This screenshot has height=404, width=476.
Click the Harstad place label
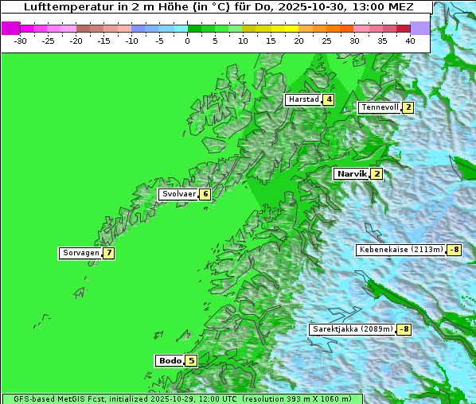click(x=303, y=100)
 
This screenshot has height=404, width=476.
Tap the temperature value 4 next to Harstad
click(x=328, y=100)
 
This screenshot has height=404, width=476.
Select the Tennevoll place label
click(x=379, y=107)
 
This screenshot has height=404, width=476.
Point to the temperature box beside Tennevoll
click(x=408, y=107)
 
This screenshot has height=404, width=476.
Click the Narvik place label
click(x=351, y=174)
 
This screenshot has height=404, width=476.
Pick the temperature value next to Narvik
click(x=377, y=174)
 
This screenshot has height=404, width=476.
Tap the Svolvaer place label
click(x=178, y=194)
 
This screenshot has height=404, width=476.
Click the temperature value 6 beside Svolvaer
click(x=205, y=194)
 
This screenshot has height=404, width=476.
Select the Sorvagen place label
click(x=80, y=254)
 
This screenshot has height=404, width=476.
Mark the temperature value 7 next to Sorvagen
click(x=108, y=254)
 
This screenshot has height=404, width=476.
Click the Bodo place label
click(x=170, y=360)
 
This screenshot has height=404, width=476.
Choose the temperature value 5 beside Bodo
click(x=191, y=360)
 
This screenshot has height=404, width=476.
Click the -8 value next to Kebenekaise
click(x=454, y=250)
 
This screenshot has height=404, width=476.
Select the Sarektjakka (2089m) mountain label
click(x=353, y=329)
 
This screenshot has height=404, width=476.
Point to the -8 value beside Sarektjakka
click(x=404, y=329)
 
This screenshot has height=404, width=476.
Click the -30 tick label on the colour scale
click(x=21, y=40)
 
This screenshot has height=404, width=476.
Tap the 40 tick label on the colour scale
click(x=410, y=40)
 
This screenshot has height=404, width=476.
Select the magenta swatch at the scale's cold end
click(x=10, y=28)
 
